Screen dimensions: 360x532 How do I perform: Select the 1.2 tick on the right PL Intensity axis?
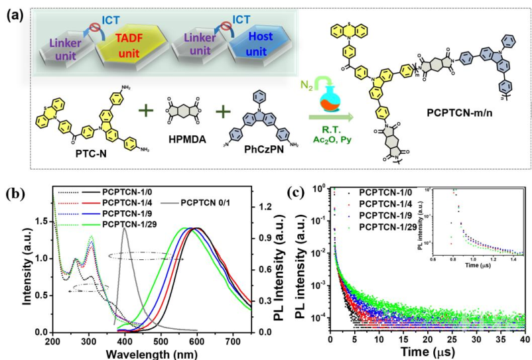point(264,207)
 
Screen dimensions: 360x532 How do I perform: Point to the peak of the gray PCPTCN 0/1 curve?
point(124,229)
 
